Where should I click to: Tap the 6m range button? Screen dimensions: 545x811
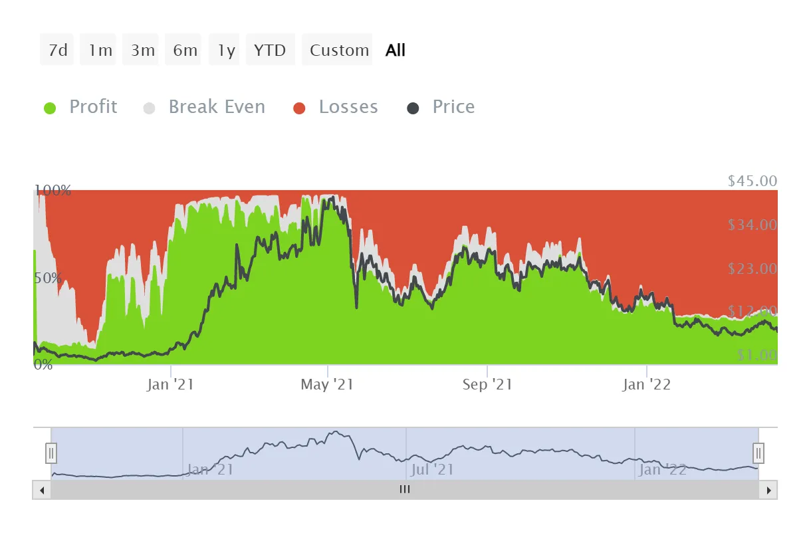185,50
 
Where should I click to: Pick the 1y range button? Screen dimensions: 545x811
227,50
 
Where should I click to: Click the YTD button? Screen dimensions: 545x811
270,50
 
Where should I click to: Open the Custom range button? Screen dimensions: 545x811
339,50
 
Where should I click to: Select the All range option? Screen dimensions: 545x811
395,50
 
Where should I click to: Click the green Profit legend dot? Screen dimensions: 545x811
50,108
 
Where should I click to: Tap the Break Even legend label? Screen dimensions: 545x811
217,107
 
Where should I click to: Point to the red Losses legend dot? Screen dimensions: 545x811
299,108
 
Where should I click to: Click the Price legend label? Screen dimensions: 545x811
453,107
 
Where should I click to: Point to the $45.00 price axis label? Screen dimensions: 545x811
752,181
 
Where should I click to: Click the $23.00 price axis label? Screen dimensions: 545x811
752,269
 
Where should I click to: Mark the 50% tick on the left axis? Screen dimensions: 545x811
49,278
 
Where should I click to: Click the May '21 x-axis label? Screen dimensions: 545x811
326,384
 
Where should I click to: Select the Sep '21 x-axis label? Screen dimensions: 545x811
487,384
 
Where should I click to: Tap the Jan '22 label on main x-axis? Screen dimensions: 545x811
646,384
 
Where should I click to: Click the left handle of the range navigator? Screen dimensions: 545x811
51,453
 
